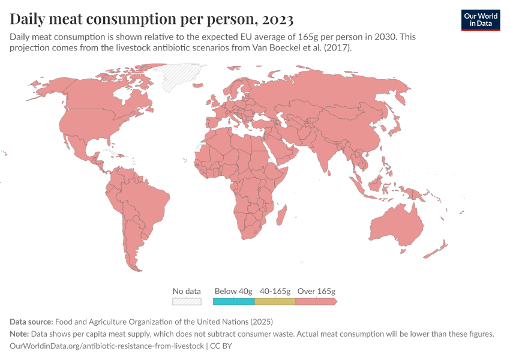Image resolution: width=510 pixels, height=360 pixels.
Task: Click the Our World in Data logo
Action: click(480, 20)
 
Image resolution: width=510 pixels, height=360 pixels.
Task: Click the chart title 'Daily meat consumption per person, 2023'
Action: click(151, 19)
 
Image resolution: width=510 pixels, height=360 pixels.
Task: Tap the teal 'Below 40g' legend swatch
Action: click(233, 301)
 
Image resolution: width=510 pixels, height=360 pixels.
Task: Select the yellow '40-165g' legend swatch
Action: click(275, 301)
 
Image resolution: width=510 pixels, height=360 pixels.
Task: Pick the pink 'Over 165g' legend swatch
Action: click(316, 301)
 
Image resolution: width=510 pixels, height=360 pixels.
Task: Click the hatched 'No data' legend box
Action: click(186, 301)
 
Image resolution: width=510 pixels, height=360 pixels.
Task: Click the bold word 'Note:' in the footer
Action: click(21, 334)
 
